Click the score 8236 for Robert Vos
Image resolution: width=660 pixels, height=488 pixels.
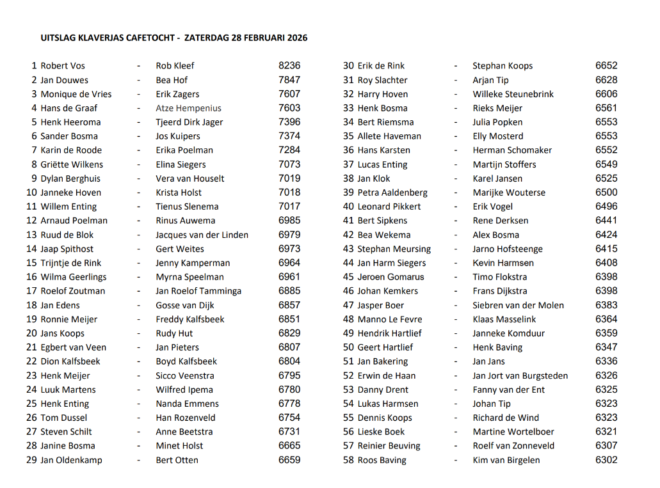coord(289,65)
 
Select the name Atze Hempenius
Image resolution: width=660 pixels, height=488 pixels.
coord(188,108)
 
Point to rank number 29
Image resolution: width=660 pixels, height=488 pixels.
coord(32,460)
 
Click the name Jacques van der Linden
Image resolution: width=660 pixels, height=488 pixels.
coord(202,235)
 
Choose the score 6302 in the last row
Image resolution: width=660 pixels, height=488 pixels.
coord(606,460)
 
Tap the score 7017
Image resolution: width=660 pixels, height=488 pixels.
coord(289,207)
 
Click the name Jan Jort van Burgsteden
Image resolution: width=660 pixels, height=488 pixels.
coord(520,375)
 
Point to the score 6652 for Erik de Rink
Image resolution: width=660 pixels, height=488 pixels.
coord(606,65)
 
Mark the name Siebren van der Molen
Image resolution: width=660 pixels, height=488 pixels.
coord(518,305)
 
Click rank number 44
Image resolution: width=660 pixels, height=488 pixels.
coord(348,263)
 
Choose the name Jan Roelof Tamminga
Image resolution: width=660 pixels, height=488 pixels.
coord(198,291)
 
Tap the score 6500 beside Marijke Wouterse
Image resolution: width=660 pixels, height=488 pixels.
coord(606,193)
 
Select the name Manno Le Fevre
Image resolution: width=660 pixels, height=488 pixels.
coord(389,319)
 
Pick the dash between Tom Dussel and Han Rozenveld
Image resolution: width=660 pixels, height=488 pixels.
coord(138,418)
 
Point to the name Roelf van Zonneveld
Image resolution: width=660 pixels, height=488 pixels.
coord(513,446)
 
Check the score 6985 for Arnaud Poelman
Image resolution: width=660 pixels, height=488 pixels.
coord(289,221)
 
